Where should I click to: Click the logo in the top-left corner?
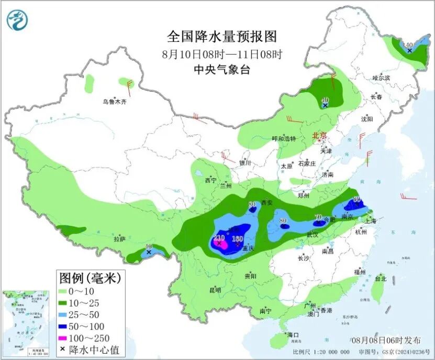pyautogui.click(x=17, y=20)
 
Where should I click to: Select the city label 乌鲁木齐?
pyautogui.click(x=114, y=102)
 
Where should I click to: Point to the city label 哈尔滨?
pyautogui.click(x=381, y=78)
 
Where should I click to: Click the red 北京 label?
pyautogui.click(x=319, y=136)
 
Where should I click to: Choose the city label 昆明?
pyautogui.click(x=215, y=290)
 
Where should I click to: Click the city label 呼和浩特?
pyautogui.click(x=284, y=139)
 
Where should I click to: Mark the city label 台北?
pyautogui.click(x=381, y=279)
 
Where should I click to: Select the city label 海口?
pyautogui.click(x=293, y=335)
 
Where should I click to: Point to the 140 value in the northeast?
pyautogui.click(x=409, y=45)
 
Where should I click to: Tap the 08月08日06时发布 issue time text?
pyautogui.click(x=387, y=340)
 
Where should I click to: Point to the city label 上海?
pyautogui.click(x=371, y=221)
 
